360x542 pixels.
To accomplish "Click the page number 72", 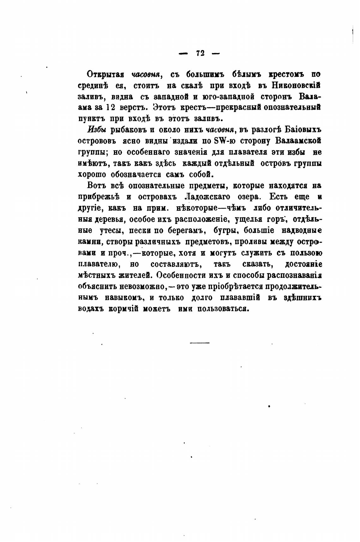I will point(200,53).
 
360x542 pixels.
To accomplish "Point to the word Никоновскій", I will point(297,86).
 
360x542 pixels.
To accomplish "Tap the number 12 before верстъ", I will point(110,107).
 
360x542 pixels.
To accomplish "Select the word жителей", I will point(130,275).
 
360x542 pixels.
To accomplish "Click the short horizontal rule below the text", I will point(200,343).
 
